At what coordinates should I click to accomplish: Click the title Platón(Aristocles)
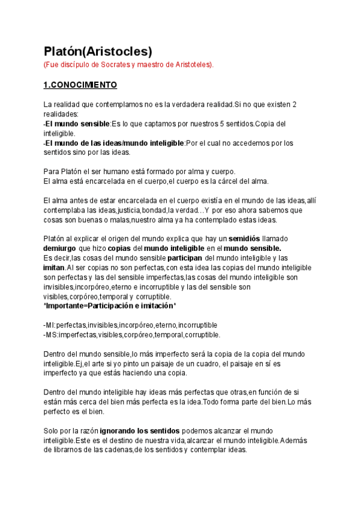click(98, 51)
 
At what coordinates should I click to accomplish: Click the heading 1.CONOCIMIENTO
click(80, 85)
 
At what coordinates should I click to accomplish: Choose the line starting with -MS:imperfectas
click(132, 334)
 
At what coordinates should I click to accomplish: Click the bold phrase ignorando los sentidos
click(139, 431)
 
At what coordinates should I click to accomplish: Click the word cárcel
click(224, 181)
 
